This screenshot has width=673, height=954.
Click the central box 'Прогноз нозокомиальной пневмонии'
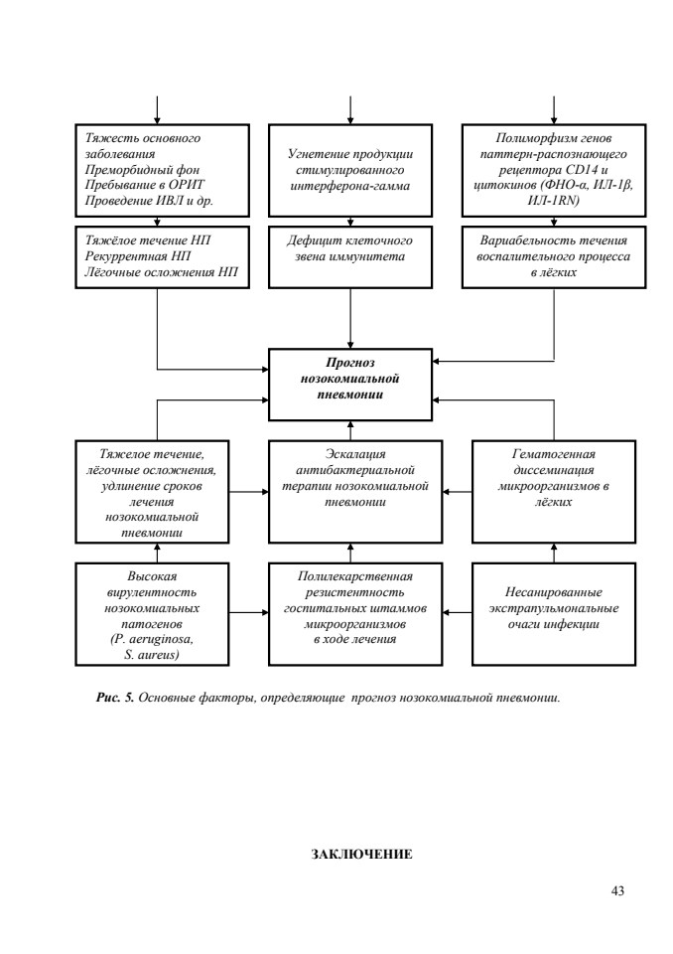tap(350, 385)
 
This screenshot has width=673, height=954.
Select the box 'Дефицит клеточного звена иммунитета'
tap(350, 256)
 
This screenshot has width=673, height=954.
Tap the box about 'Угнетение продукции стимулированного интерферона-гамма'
tap(350, 170)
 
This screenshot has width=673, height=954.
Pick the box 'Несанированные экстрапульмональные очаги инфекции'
tap(554, 614)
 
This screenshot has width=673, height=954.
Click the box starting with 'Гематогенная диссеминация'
tap(554, 492)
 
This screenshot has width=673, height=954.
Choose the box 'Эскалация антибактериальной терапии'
tap(355, 492)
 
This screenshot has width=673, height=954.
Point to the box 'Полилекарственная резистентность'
tap(355, 614)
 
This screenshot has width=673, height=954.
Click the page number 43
tap(617, 890)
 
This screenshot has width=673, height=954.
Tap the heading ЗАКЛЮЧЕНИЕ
tap(361, 855)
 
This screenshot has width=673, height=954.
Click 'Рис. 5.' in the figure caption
tap(114, 698)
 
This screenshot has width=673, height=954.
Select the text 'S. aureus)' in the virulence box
tap(152, 655)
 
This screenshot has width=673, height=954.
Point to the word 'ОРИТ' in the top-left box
tap(187, 185)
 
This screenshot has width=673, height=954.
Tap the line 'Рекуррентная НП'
tap(138, 256)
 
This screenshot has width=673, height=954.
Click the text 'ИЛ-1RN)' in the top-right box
tap(553, 201)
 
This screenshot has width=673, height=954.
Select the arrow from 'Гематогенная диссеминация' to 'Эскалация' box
tap(458, 492)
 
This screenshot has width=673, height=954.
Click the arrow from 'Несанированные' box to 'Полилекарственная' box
tap(458, 612)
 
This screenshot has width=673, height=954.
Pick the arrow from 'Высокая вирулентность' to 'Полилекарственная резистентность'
tap(248, 612)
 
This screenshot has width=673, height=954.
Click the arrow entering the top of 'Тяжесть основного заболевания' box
tap(158, 110)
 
